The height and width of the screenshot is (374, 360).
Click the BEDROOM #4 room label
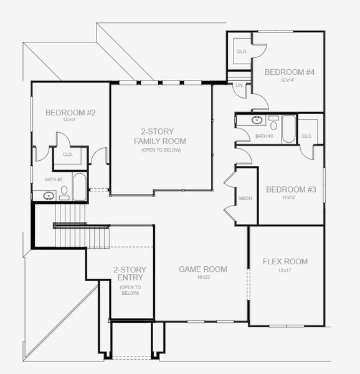coord(288,72)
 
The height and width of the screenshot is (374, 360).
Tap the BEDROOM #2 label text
coord(70,113)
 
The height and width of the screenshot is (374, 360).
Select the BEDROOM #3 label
coord(290,189)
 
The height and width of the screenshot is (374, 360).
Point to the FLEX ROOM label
coord(285,262)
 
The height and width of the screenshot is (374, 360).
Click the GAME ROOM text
coord(203,269)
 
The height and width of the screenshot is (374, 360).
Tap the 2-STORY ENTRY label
coord(130,274)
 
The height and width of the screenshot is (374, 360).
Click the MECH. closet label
coord(245,198)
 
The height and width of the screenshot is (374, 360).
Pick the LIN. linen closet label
coord(239,85)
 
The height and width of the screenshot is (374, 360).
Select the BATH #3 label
coord(264,136)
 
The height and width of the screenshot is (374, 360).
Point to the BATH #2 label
coord(54,180)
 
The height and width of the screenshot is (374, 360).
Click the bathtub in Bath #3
coord(288,129)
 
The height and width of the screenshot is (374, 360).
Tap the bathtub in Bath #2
coord(80,187)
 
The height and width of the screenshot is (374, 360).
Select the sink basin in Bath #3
coord(257,120)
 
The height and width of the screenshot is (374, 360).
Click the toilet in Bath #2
coord(64,190)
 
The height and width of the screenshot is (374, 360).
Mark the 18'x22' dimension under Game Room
coord(203,277)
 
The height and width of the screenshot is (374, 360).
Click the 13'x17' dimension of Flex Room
coord(285,271)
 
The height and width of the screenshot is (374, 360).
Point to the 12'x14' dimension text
coord(288,80)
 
